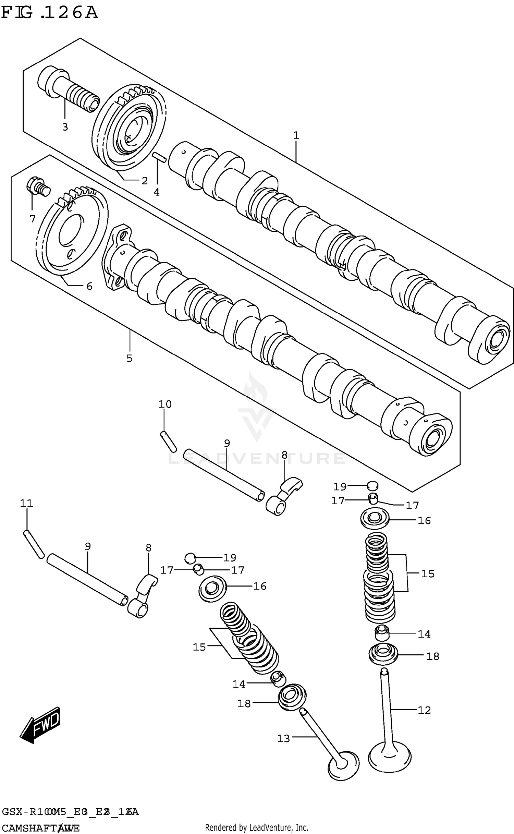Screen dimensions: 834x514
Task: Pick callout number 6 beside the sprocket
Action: pyautogui.click(x=89, y=286)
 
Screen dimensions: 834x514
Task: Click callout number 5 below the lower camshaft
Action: pyautogui.click(x=129, y=359)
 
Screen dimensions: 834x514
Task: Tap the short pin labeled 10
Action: pyautogui.click(x=168, y=442)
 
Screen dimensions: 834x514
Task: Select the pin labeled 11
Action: pyautogui.click(x=34, y=544)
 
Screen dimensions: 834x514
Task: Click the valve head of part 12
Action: pyautogui.click(x=390, y=756)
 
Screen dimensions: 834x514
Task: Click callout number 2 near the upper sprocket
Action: pyautogui.click(x=145, y=181)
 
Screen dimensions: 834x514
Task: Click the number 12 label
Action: pyautogui.click(x=424, y=710)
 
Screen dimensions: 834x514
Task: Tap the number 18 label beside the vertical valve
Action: pyautogui.click(x=433, y=656)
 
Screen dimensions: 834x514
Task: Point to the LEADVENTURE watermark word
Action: pyautogui.click(x=257, y=459)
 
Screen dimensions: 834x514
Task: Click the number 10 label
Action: pyautogui.click(x=165, y=404)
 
